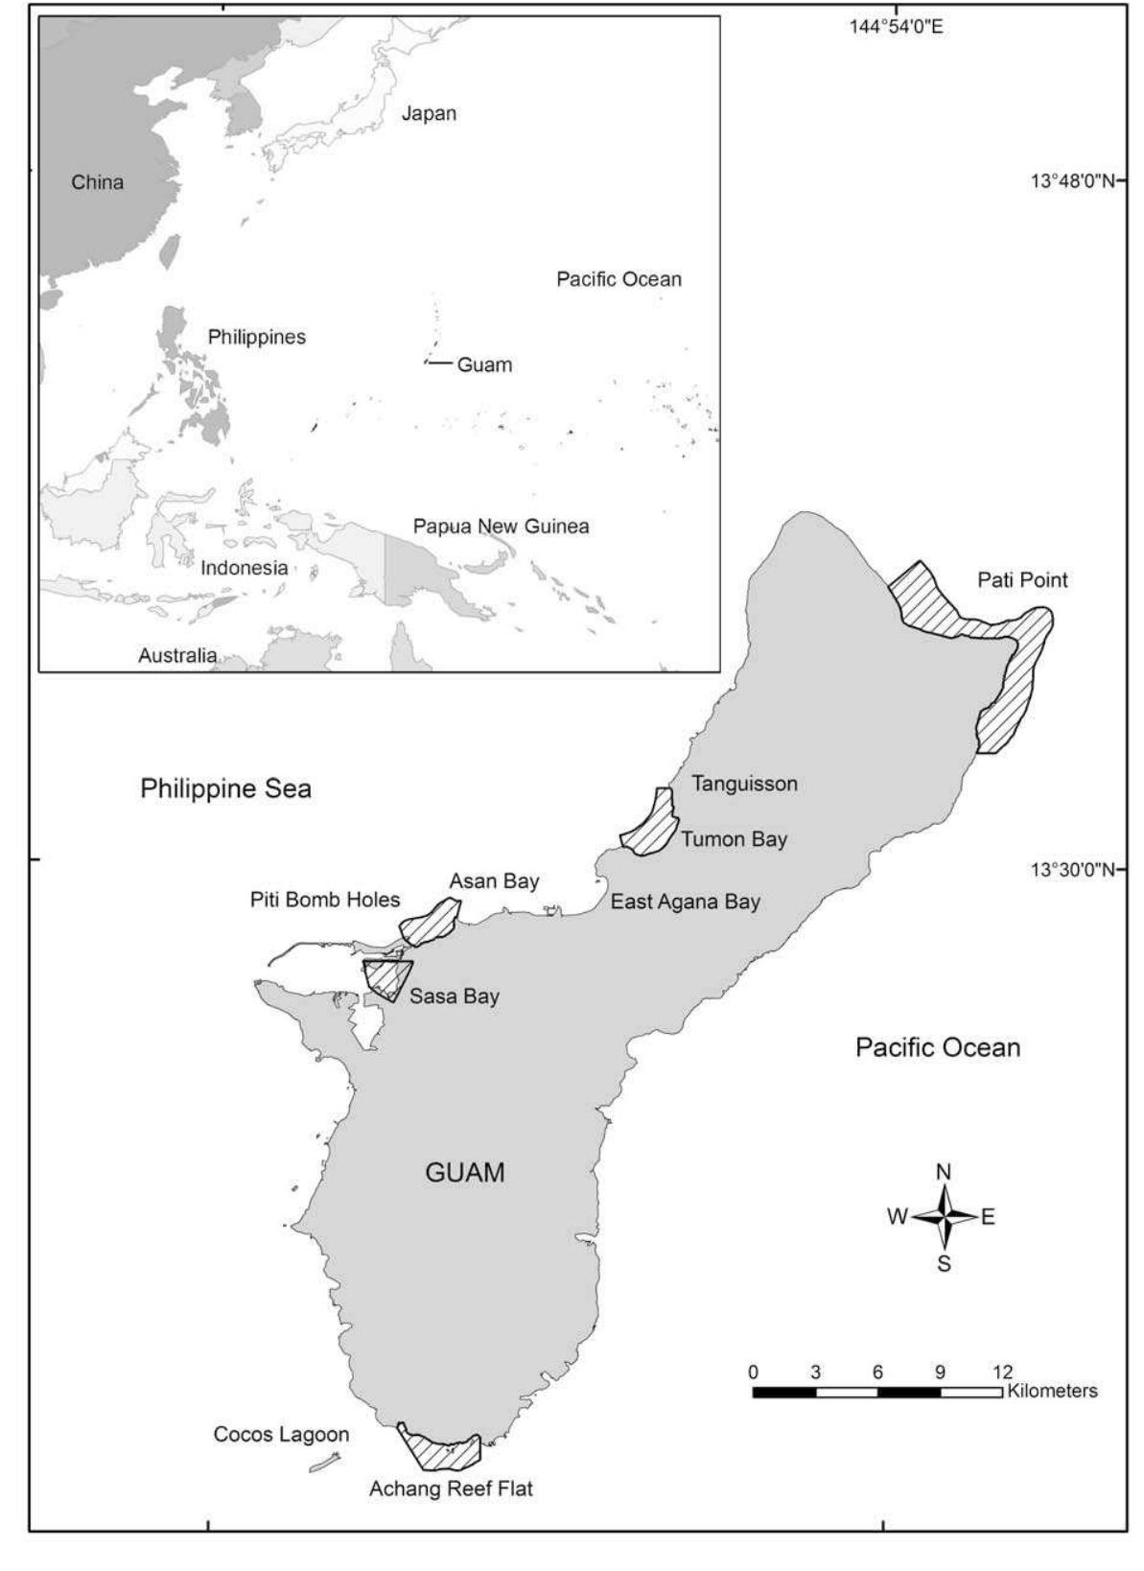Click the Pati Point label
pos(1022,580)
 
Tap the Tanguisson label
pos(744,784)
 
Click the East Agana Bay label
pos(685,902)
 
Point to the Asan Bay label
pos(494,880)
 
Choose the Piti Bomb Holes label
pos(325,901)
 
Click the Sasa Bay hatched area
pos(385,978)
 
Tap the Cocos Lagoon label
pos(281,1435)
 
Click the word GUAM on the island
pos(464,1172)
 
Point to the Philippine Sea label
pos(225,789)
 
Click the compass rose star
pos(945,1216)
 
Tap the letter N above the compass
pos(944,1172)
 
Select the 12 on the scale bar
pos(1002,1372)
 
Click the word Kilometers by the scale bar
pos(1052,1391)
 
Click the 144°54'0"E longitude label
pos(896,27)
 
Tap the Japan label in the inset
pos(429,113)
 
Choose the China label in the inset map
pos(97,182)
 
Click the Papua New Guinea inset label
pos(501,527)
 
